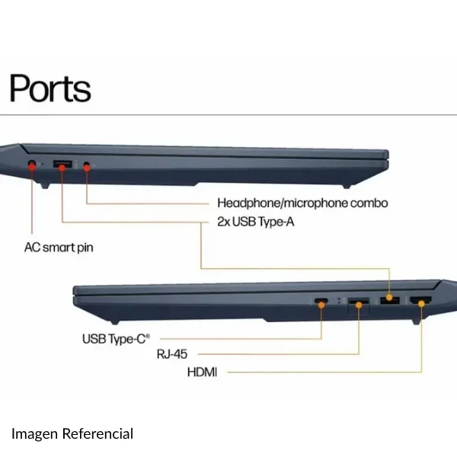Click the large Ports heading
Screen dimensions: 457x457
click(50, 88)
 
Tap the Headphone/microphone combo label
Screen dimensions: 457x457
click(302, 203)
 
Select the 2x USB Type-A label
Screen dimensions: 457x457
click(256, 222)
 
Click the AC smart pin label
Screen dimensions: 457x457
click(59, 248)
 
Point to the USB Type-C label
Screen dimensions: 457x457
click(116, 339)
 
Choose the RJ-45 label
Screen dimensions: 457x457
click(172, 354)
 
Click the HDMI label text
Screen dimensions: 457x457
click(203, 372)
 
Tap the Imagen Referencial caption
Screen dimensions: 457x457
click(72, 433)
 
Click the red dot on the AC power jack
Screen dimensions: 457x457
click(32, 166)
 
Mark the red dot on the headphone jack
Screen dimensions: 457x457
click(87, 168)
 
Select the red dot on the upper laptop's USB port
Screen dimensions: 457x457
click(62, 168)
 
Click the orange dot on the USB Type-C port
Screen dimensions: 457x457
click(321, 305)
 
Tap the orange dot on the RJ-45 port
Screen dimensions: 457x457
click(359, 305)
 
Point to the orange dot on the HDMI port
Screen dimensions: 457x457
click(421, 304)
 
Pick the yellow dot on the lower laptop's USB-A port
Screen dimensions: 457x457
click(389, 298)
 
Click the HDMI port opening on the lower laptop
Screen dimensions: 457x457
click(421, 300)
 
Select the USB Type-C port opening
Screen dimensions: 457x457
click(321, 301)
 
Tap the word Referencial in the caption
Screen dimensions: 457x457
click(98, 433)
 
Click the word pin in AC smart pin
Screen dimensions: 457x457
click(85, 248)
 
